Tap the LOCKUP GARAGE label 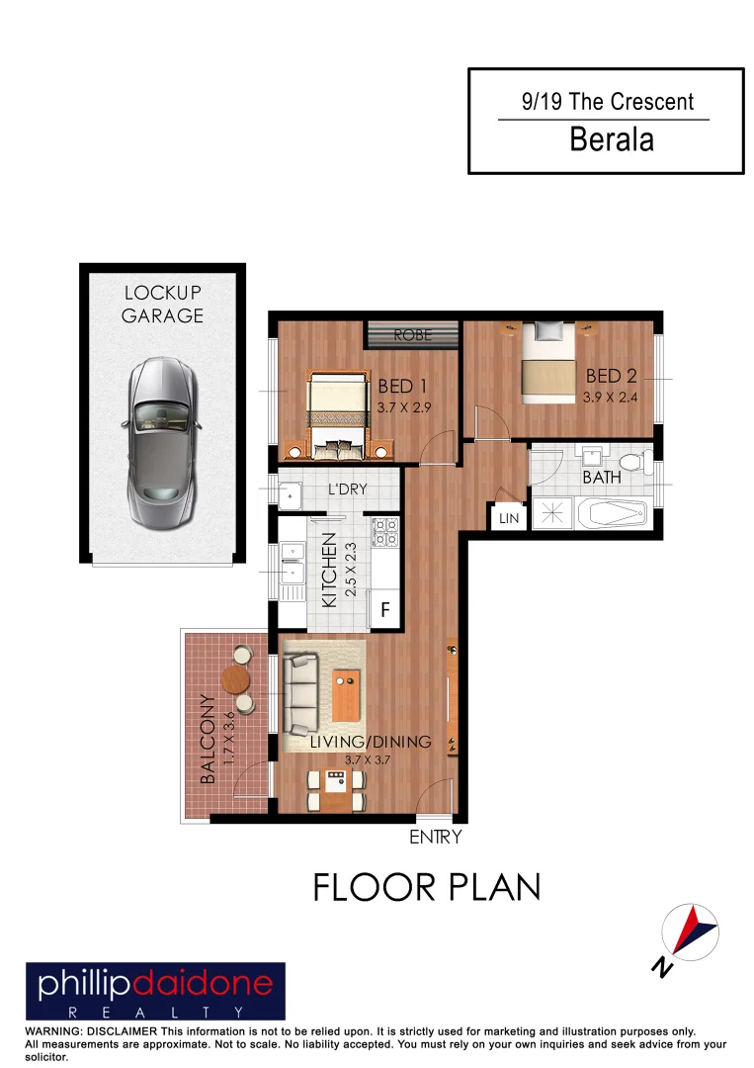pos(163,304)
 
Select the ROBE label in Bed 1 pos(413,334)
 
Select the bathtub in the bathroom pos(611,515)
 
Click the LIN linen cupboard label pos(508,518)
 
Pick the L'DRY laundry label pos(347,489)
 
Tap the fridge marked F pos(386,610)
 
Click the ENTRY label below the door pos(435,838)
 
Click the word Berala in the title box pos(612,140)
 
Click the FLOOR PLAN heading pos(427,887)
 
